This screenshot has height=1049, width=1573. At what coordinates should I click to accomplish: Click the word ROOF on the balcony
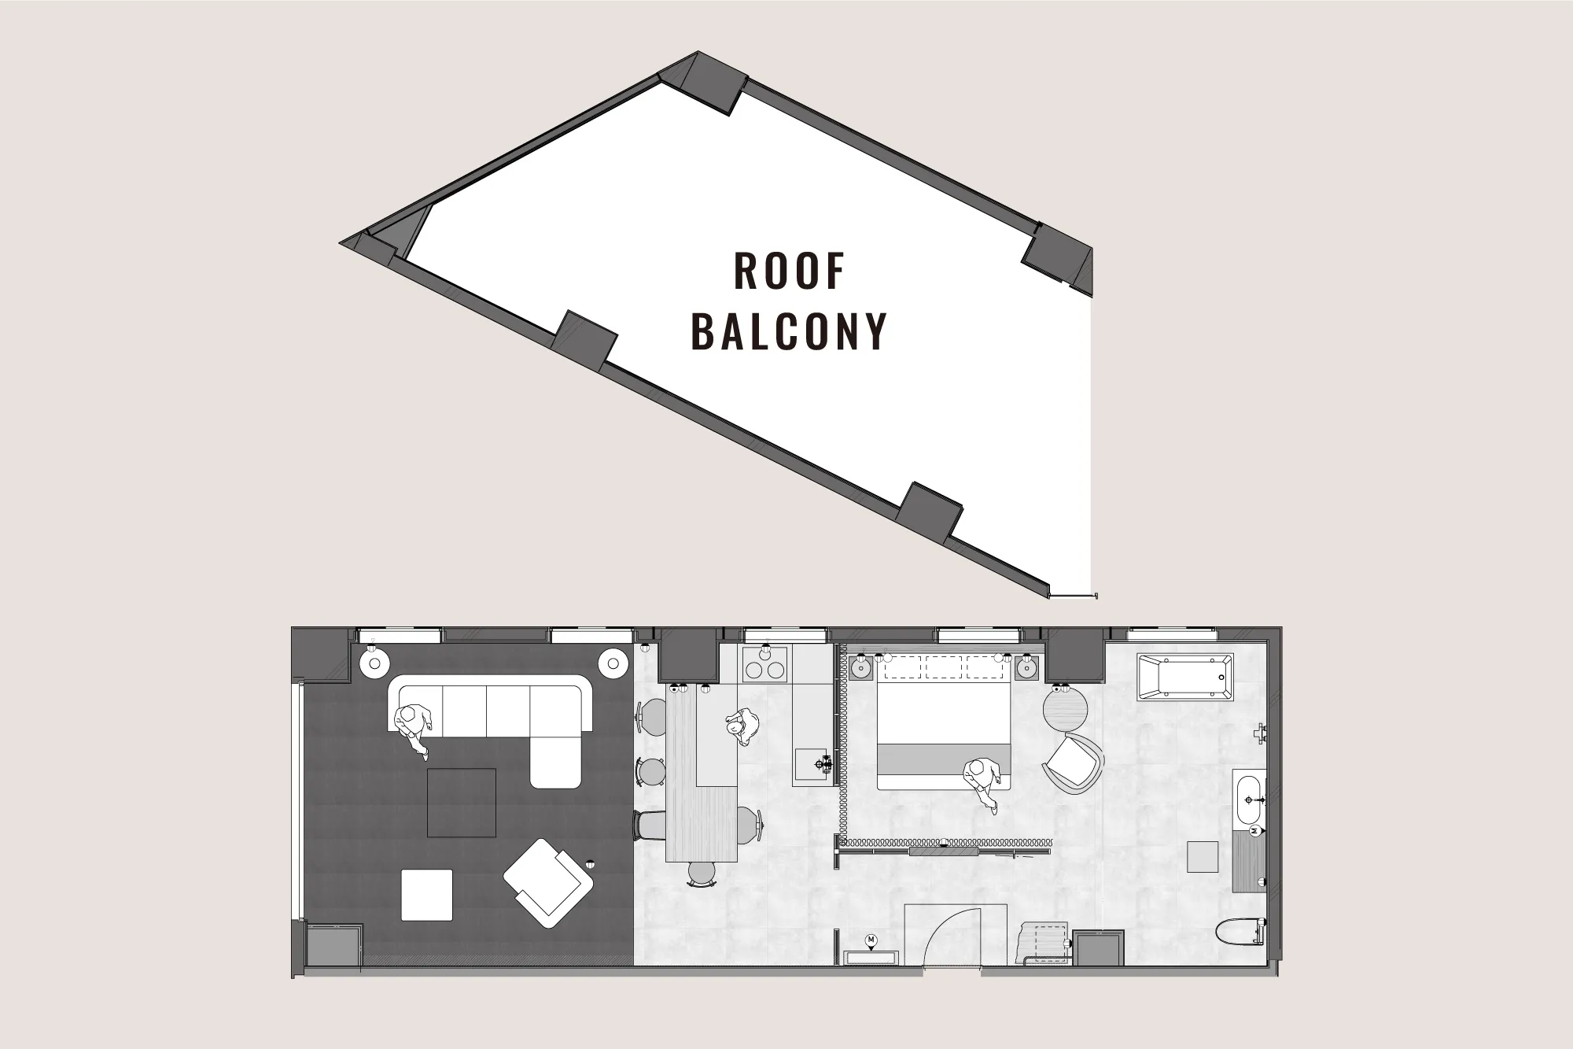[x=789, y=271]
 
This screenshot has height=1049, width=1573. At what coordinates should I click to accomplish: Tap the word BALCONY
[x=789, y=331]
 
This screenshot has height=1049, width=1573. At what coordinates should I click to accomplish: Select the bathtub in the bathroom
[x=1184, y=676]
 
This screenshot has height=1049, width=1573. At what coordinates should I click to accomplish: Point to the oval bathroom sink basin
[x=1249, y=801]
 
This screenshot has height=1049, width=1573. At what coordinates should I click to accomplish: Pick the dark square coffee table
[x=462, y=802]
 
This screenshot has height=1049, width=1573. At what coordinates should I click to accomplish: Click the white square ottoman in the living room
[x=427, y=895]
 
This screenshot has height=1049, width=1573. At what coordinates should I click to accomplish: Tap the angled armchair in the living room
[x=547, y=881]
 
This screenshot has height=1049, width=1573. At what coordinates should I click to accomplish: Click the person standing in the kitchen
[x=742, y=726]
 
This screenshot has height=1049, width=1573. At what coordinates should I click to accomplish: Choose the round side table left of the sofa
[x=373, y=663]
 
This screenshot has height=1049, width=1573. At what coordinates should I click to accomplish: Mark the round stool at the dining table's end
[x=702, y=873]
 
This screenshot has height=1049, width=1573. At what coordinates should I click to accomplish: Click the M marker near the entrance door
[x=871, y=940]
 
